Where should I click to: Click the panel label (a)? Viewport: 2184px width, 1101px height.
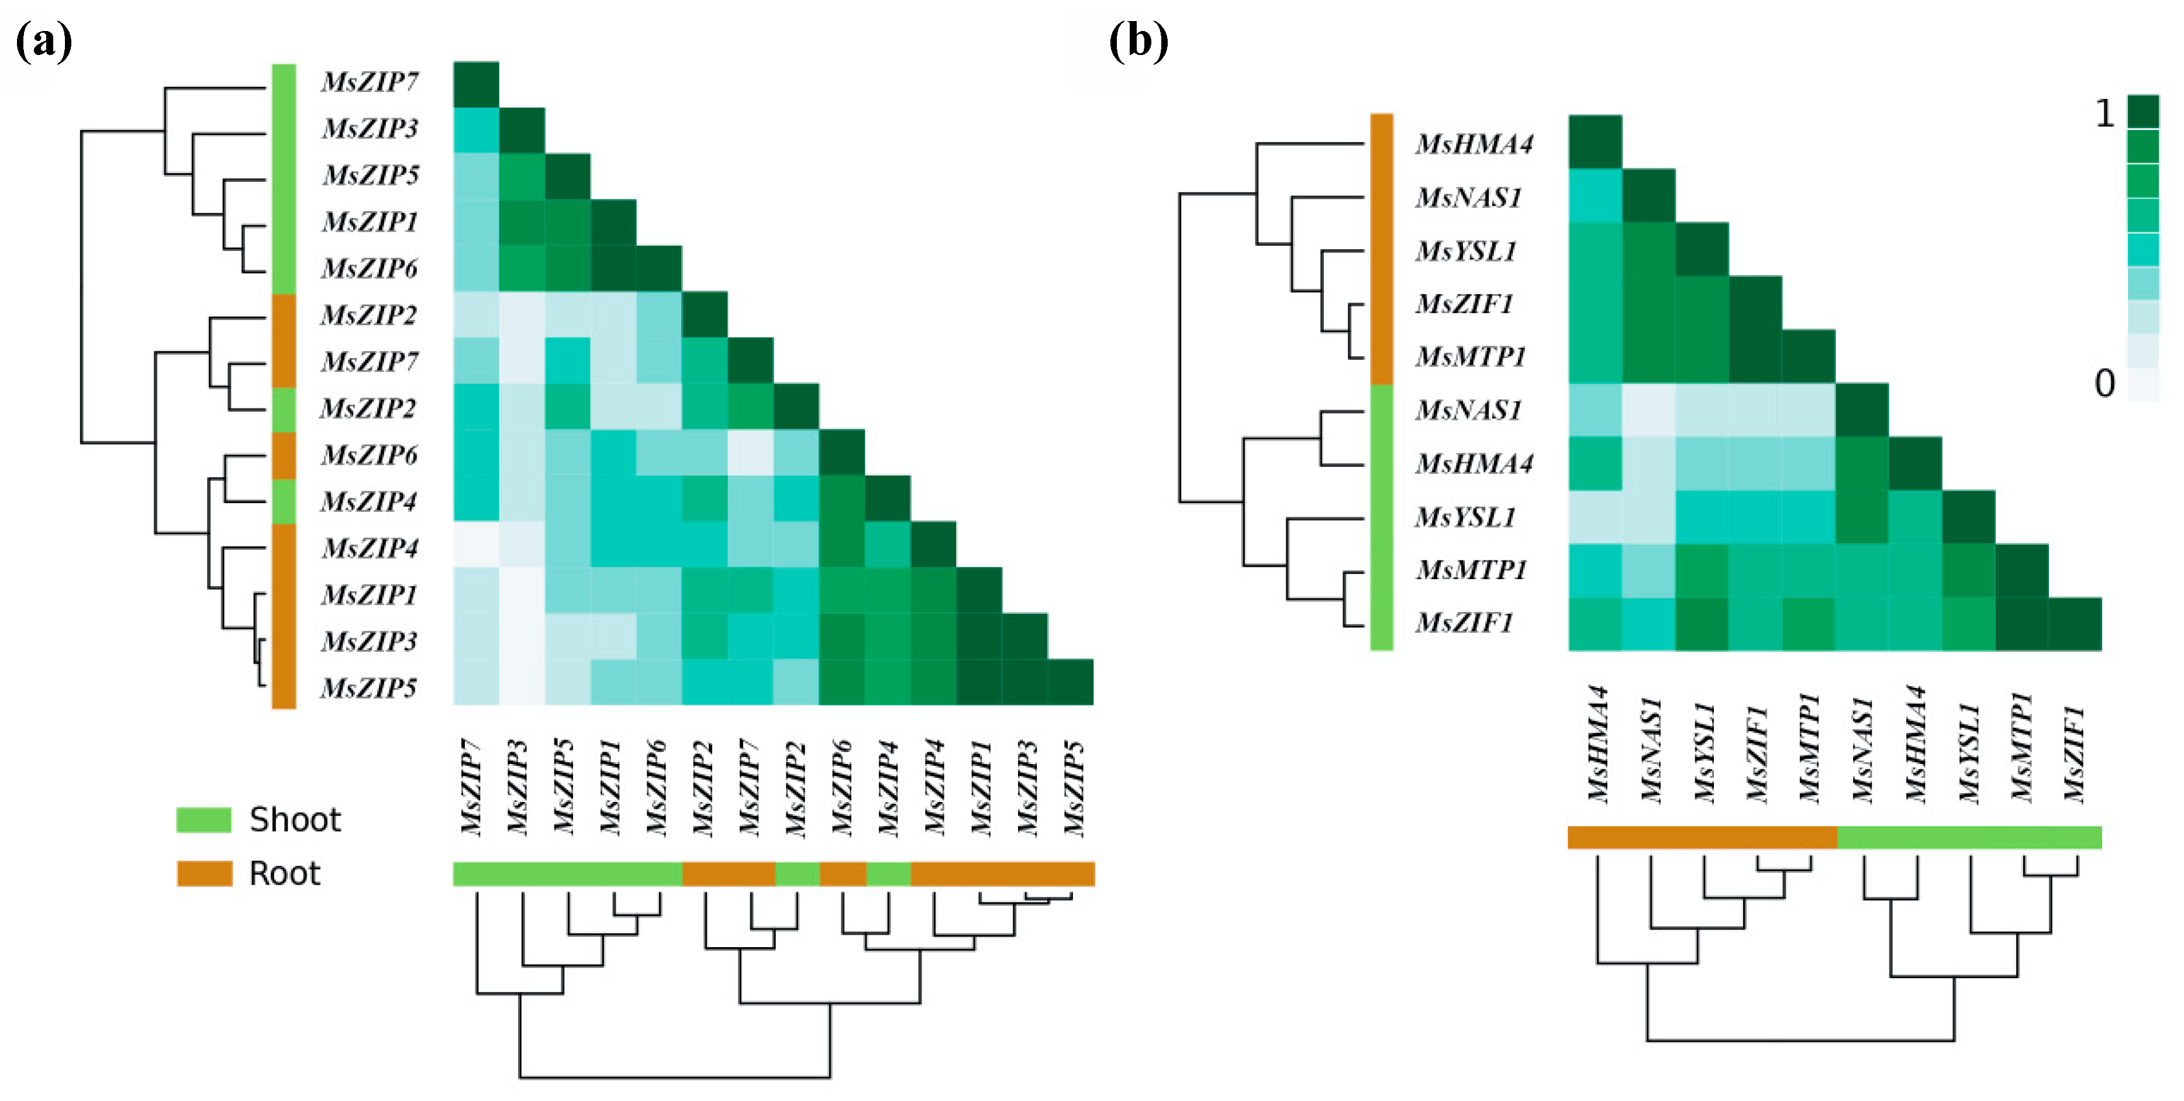pos(44,41)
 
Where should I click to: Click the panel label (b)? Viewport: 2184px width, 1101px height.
pos(1138,41)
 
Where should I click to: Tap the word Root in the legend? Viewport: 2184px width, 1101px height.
pos(285,873)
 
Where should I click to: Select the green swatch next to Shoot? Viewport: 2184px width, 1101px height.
pos(203,820)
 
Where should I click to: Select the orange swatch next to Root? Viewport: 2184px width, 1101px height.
pos(204,873)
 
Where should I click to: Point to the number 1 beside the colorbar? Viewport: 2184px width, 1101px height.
pos(2104,113)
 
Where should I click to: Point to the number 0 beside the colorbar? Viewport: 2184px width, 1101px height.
pos(2104,383)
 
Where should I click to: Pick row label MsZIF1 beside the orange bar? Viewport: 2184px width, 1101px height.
pos(1464,303)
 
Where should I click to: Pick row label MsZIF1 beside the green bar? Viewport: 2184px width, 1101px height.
pos(1464,622)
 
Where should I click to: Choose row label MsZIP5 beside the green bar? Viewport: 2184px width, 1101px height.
pos(371,175)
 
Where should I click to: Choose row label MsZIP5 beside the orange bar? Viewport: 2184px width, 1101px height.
pos(369,687)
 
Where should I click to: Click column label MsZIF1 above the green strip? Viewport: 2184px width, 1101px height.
pos(2074,754)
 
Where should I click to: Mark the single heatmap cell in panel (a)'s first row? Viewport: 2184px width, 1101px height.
pos(475,84)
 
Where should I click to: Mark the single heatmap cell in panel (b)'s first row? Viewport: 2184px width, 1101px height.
pos(1595,142)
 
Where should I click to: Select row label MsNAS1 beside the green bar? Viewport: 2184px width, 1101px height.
pos(1468,410)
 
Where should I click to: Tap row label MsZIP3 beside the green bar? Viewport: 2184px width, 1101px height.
pos(371,128)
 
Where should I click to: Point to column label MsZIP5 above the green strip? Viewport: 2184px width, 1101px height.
pos(564,787)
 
